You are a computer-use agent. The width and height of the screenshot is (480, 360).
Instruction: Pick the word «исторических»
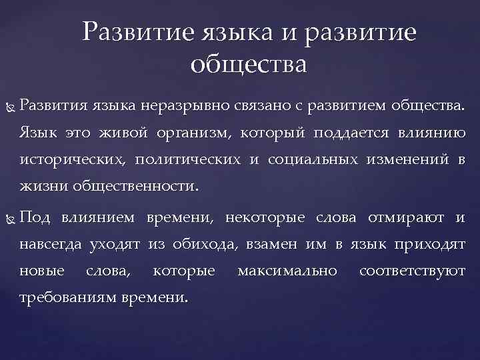73,161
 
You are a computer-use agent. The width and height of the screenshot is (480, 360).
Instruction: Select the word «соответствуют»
412,273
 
